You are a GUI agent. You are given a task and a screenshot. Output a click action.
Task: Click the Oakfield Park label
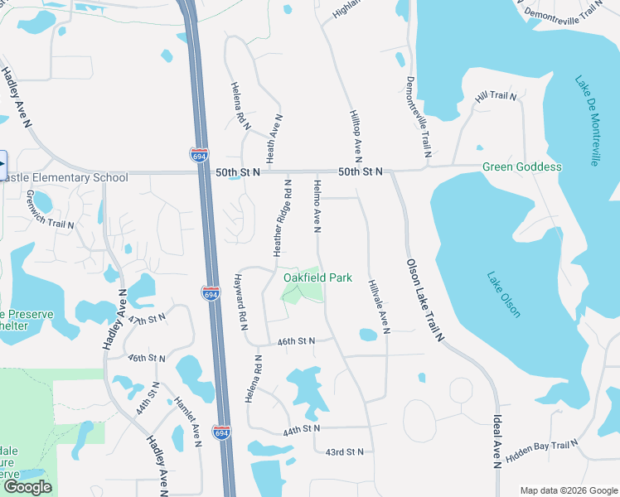318,277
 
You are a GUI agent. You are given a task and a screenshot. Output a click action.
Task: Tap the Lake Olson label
504,295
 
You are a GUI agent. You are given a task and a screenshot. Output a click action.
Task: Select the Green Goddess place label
522,166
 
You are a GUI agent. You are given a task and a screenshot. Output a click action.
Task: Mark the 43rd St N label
345,452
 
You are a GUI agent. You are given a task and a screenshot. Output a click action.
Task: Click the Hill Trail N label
496,97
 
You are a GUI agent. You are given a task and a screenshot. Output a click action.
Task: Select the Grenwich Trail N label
50,210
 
